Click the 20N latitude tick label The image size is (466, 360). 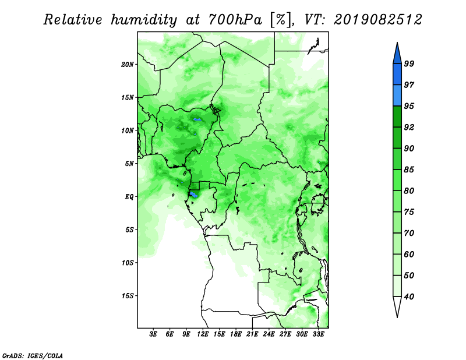click(x=128, y=65)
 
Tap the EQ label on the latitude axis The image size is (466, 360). click(x=129, y=197)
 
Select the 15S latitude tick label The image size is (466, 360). click(x=128, y=296)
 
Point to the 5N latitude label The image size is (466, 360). click(x=129, y=164)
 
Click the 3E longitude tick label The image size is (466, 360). click(x=153, y=334)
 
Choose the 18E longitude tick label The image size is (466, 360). click(x=236, y=334)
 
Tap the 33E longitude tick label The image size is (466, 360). click(x=318, y=334)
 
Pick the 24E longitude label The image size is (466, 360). click(x=269, y=334)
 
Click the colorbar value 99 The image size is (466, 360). click(x=409, y=63)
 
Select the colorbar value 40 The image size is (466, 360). click(x=409, y=297)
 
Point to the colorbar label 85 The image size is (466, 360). click(x=409, y=170)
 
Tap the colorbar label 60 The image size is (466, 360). click(x=409, y=254)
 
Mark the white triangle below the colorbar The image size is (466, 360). click(x=397, y=306)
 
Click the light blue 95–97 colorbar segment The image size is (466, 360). click(x=397, y=96)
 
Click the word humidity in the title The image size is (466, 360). click(x=143, y=20)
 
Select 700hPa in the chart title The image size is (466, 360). click(x=235, y=20)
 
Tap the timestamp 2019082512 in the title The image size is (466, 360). click(x=377, y=20)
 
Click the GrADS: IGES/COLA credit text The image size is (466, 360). click(x=33, y=355)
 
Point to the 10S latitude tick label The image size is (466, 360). click(x=128, y=263)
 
